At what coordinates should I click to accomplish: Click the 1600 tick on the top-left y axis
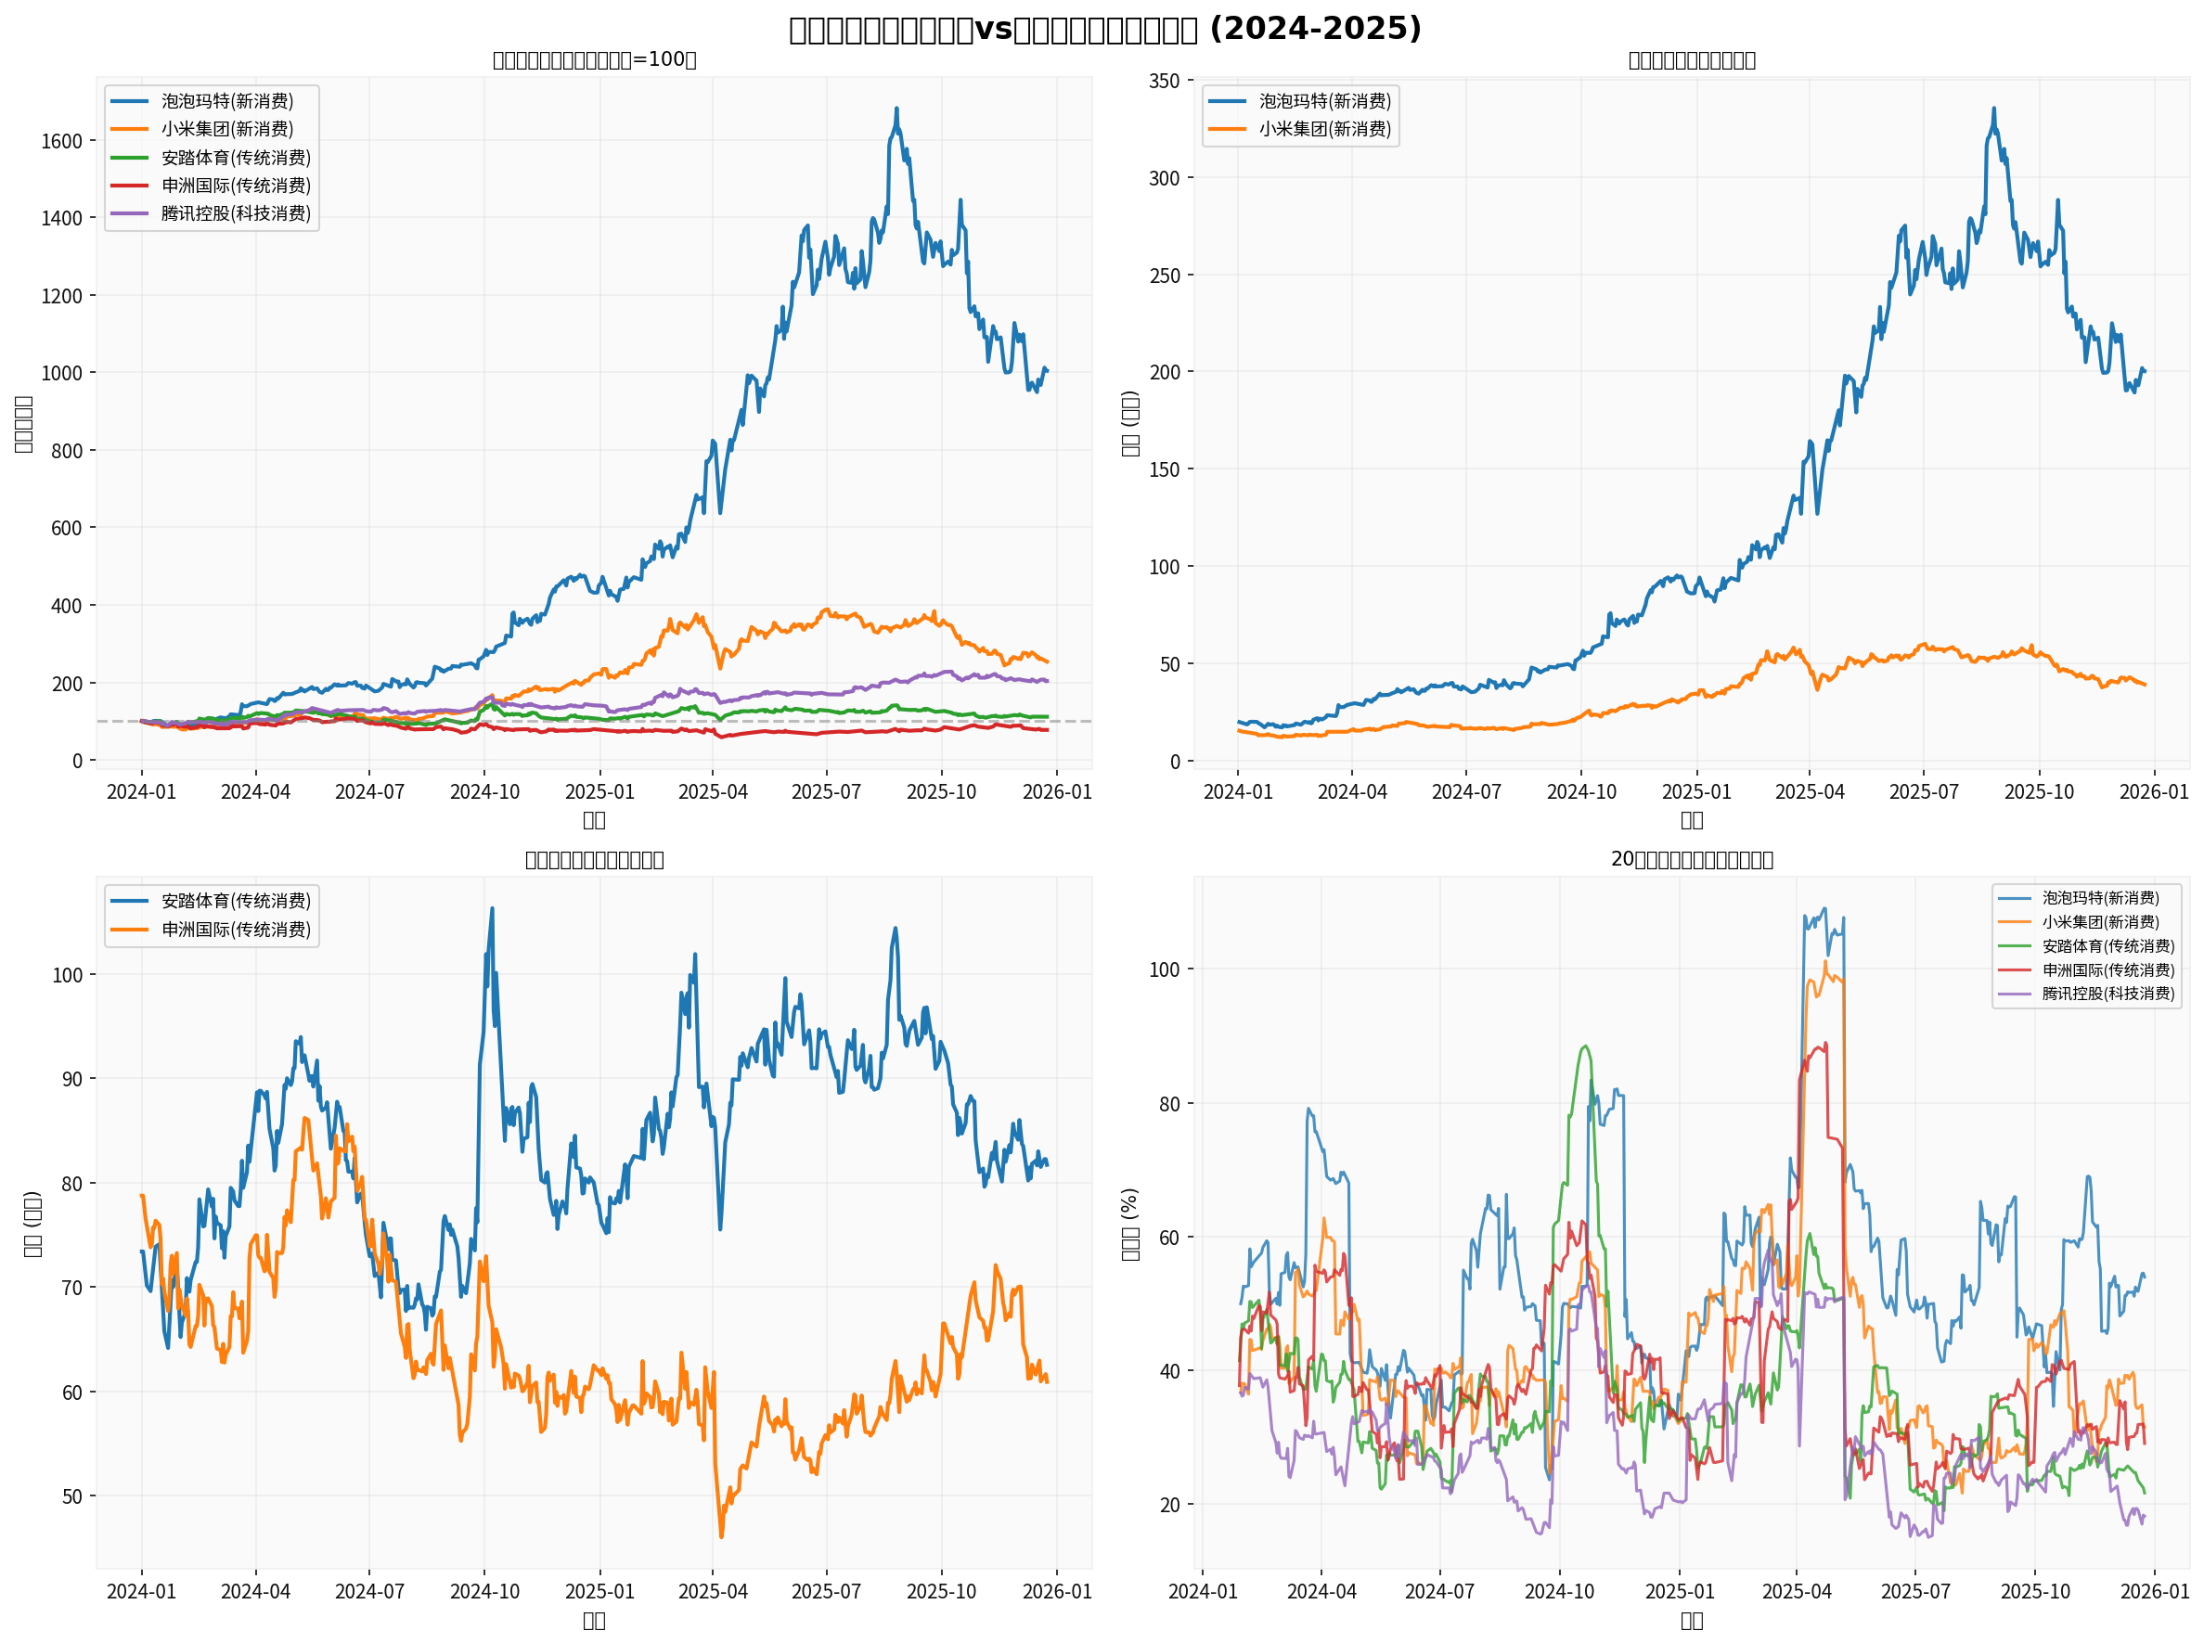[x=60, y=141]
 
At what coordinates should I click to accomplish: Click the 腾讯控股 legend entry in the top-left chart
[x=235, y=213]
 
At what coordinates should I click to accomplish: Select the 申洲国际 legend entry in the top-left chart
[x=235, y=186]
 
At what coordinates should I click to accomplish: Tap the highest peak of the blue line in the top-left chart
[x=896, y=109]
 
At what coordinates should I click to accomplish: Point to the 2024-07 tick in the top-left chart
[x=369, y=791]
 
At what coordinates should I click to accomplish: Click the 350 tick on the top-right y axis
[x=1164, y=82]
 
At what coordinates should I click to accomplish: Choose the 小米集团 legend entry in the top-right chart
[x=1324, y=129]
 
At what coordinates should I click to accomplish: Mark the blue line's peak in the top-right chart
[x=1993, y=109]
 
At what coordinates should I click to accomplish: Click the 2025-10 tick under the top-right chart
[x=2039, y=791]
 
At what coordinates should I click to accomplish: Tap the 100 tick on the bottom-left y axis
[x=68, y=976]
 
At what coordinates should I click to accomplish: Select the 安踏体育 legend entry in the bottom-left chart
[x=235, y=901]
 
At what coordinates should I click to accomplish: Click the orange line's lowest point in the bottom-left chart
[x=721, y=1536]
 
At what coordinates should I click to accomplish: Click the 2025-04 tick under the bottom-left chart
[x=712, y=1592]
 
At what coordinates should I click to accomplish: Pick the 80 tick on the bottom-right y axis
[x=1169, y=1104]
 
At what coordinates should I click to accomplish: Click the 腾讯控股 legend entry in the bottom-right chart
[x=2107, y=994]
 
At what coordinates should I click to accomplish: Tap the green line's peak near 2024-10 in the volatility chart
[x=1584, y=1046]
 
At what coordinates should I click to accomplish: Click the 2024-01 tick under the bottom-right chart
[x=1203, y=1592]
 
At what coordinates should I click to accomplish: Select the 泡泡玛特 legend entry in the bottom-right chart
[x=2099, y=898]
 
